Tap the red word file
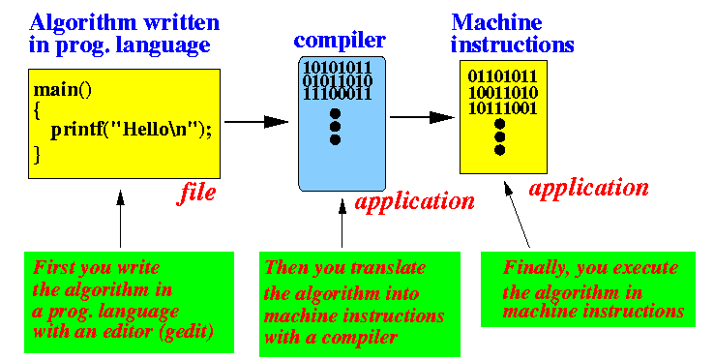point(196,194)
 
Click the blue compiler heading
point(340,41)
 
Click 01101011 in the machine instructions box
point(502,76)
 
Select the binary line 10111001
point(502,107)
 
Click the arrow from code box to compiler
point(256,121)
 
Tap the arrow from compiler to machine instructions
point(422,117)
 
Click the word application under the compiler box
point(415,201)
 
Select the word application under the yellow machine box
point(589,188)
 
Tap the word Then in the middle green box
point(286,268)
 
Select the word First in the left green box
point(54,268)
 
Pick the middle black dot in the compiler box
point(336,127)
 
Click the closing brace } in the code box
point(38,152)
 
